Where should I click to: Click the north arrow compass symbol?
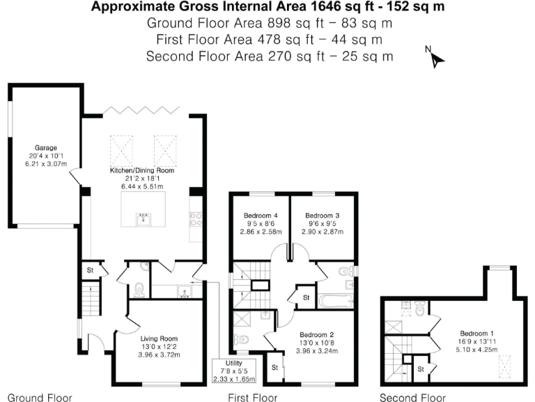tap(435, 57)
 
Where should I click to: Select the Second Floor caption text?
tap(412, 397)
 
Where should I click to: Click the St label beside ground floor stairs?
tap(91, 270)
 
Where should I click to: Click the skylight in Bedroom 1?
tap(504, 364)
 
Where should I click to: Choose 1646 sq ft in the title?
tap(348, 8)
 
